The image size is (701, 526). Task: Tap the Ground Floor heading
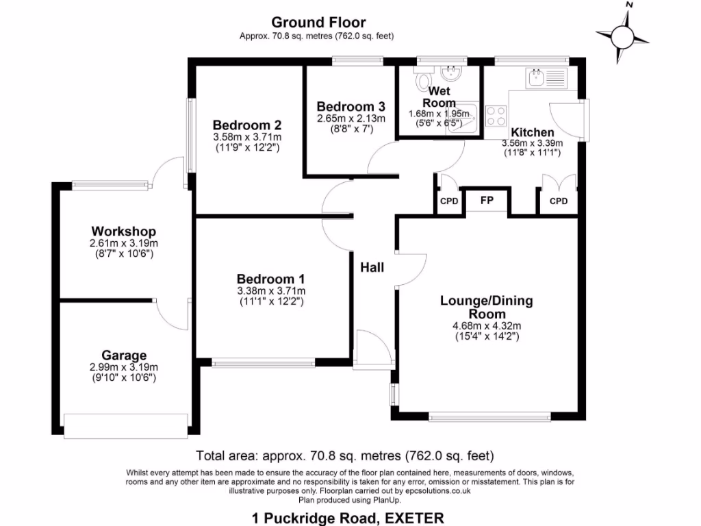318,23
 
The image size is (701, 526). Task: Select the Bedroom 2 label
247,125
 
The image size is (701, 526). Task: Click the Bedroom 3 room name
350,107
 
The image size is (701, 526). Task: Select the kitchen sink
546,77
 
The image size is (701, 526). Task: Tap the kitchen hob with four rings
496,115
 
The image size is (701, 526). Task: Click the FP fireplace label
487,201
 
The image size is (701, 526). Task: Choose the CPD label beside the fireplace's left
449,201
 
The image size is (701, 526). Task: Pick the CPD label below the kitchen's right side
559,201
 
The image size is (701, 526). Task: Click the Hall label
372,267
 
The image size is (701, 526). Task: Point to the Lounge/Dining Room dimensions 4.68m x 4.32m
487,326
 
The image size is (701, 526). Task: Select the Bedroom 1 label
270,279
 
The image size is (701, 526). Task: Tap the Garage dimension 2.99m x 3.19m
124,367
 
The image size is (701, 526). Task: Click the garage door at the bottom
126,425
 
